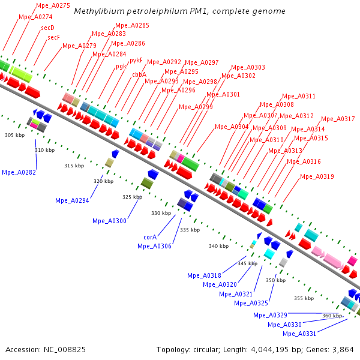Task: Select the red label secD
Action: [x=47, y=28]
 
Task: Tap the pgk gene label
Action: [x=121, y=66]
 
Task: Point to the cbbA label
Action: [x=139, y=74]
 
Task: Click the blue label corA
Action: [x=150, y=237]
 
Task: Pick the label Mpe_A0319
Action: [x=317, y=176]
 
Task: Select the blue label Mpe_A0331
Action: [x=299, y=334]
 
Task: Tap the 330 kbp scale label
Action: [x=161, y=213]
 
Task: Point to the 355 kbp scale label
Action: [x=303, y=298]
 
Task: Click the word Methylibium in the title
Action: [x=95, y=11]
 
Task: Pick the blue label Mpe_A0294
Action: [x=72, y=200]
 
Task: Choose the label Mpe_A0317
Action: [x=338, y=119]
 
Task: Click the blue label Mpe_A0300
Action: [x=109, y=221]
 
